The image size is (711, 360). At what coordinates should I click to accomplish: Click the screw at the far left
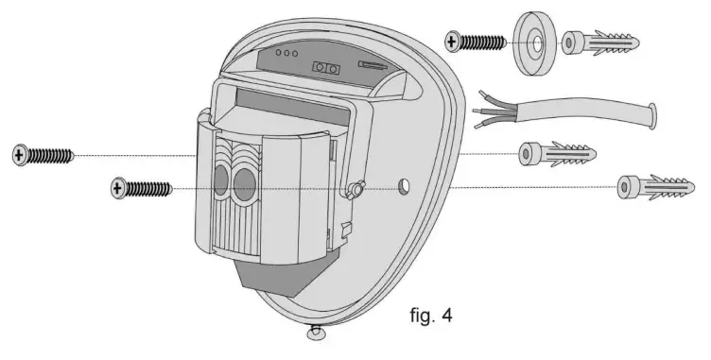[43, 155]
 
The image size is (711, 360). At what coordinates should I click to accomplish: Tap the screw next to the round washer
[477, 42]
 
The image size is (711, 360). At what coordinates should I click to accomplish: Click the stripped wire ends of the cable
[493, 113]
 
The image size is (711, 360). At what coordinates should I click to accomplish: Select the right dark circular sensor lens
[246, 185]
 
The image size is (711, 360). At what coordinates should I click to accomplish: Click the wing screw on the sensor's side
[357, 189]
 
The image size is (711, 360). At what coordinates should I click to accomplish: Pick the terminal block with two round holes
[326, 68]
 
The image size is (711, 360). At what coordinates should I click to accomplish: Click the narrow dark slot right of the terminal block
[372, 65]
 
